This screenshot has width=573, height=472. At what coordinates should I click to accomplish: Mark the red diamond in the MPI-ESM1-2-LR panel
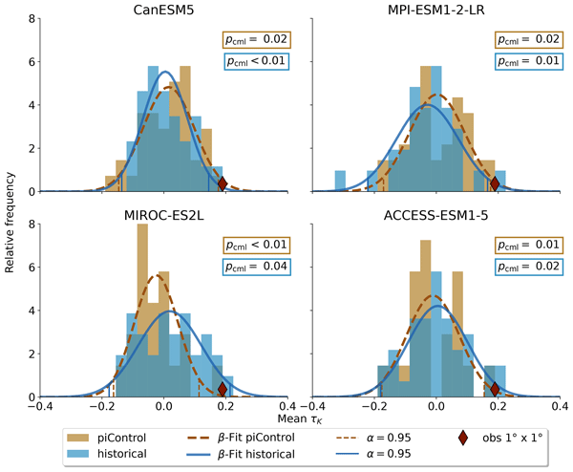[495, 184]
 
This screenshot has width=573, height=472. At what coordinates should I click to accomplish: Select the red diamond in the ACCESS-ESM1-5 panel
[495, 389]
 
